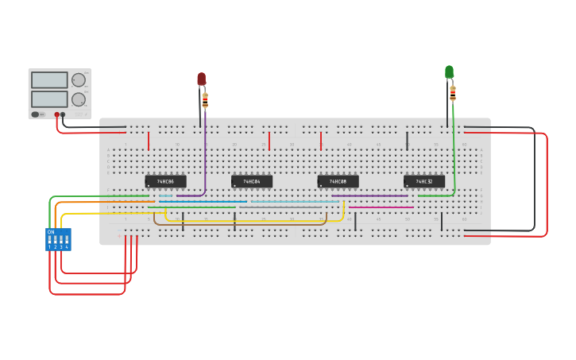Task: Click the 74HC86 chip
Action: pos(165,181)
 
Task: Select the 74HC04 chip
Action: pos(252,181)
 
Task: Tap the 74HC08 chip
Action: pos(338,181)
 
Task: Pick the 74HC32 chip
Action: pos(424,181)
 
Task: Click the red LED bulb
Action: pos(202,79)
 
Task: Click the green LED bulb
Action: pos(449,72)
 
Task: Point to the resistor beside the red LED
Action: pos(205,101)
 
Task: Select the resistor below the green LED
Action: pos(453,93)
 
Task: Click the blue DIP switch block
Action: pos(58,239)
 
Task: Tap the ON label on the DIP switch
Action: pos(51,232)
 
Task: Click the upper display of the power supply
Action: pos(49,80)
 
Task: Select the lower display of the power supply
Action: pos(49,99)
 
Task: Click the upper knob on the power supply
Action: pos(79,80)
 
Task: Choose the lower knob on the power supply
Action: pos(79,100)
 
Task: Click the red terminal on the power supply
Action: pos(56,114)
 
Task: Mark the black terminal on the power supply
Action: pos(63,114)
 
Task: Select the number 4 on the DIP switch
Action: pos(67,247)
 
